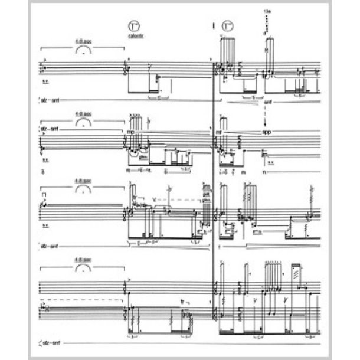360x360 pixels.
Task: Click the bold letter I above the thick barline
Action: click(213, 26)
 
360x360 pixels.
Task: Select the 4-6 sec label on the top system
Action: click(83, 41)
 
